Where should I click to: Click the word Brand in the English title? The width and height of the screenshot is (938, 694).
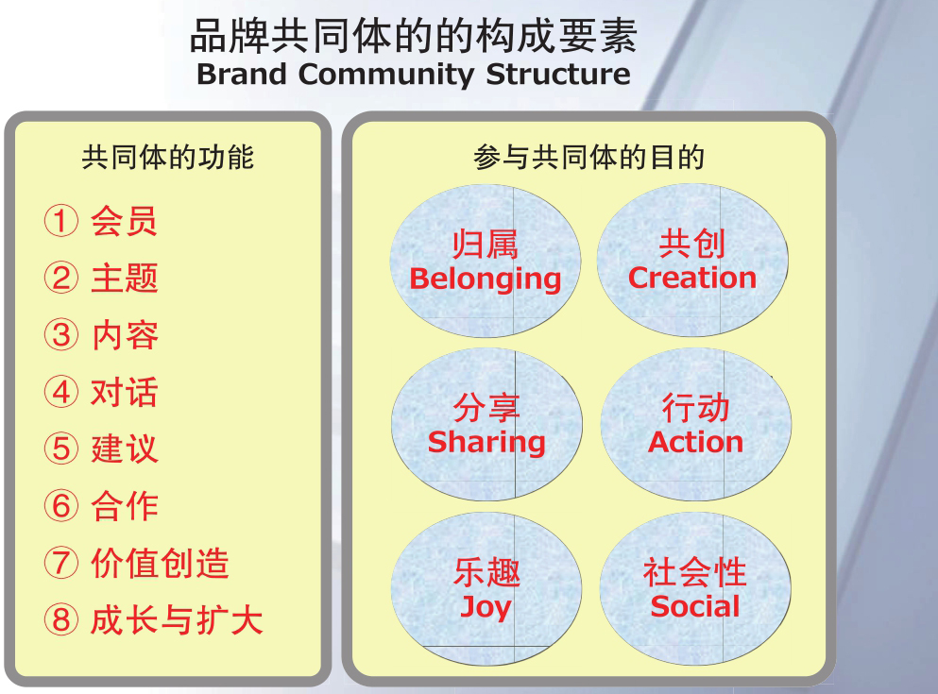(x=242, y=75)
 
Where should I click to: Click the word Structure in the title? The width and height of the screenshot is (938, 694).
(x=558, y=75)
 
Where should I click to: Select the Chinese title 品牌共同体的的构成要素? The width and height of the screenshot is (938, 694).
(x=414, y=36)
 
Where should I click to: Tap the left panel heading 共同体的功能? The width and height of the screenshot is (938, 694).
(x=168, y=157)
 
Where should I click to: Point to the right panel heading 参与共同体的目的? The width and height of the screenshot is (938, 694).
(x=588, y=157)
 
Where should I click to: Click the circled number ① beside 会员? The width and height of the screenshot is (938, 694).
(x=61, y=221)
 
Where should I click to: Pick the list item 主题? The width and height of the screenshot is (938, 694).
(x=125, y=278)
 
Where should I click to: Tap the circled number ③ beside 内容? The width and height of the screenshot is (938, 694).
(x=61, y=335)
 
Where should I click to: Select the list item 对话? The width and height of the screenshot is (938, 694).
(x=125, y=392)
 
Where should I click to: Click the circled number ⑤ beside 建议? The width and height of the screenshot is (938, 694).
(x=61, y=449)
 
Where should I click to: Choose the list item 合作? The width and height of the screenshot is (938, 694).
(x=125, y=506)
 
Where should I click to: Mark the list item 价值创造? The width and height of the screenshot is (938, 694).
(x=160, y=563)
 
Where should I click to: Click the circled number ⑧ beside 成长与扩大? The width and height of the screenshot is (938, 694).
(x=61, y=619)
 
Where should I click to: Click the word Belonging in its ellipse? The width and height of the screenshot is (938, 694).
(x=486, y=279)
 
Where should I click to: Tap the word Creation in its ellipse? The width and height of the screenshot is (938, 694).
(x=692, y=278)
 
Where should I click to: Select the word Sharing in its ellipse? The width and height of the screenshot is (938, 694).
(x=486, y=444)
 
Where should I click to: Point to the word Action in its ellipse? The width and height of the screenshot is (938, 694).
(x=696, y=442)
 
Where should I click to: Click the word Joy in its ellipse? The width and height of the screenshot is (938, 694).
(x=486, y=608)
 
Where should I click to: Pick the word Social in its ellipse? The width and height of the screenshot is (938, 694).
(x=695, y=607)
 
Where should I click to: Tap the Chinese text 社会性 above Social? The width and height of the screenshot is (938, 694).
(x=695, y=572)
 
